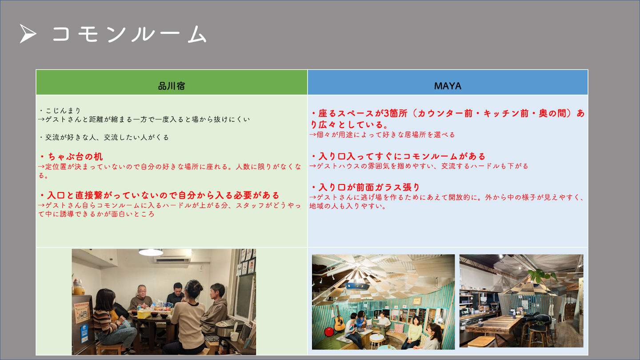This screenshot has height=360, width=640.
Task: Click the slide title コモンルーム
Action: point(129,34)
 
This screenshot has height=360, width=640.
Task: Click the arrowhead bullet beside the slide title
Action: point(28,34)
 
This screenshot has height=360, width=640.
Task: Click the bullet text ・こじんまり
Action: point(60,111)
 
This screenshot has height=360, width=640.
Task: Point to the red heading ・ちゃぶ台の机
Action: point(71,156)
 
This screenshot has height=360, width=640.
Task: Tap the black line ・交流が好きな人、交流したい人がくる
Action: point(104,137)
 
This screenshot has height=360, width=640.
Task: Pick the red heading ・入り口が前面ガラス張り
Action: point(365,188)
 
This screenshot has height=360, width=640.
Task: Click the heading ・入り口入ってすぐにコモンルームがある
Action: point(398,156)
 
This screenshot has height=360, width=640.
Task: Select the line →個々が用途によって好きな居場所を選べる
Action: point(382,135)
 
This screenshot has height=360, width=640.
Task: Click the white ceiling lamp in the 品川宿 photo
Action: point(151,252)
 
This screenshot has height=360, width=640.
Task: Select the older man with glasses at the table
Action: point(141,298)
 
